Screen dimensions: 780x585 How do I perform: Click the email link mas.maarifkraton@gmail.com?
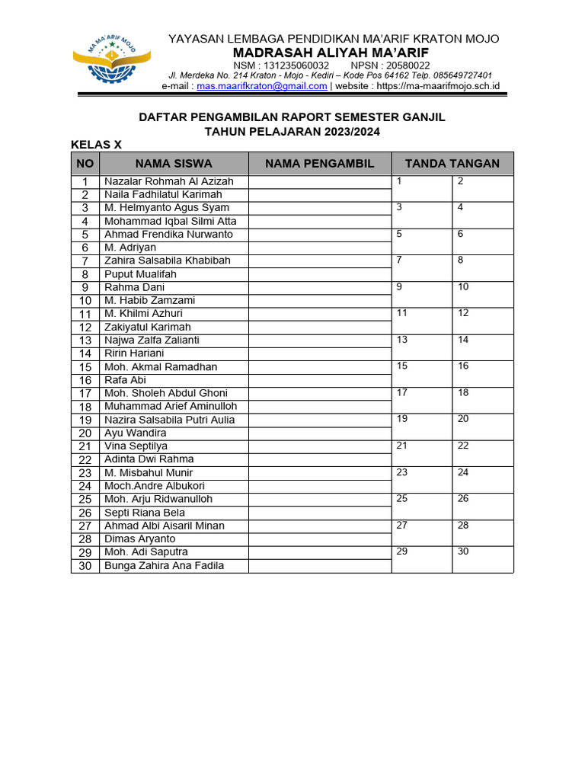pyautogui.click(x=261, y=86)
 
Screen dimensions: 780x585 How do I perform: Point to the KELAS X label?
pyautogui.click(x=96, y=145)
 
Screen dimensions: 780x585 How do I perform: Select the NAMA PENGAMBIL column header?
pyautogui.click(x=320, y=163)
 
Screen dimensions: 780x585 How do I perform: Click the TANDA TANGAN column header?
pyautogui.click(x=452, y=163)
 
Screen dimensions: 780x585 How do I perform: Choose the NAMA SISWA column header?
pyautogui.click(x=174, y=163)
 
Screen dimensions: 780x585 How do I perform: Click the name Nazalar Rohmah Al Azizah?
pyautogui.click(x=169, y=181)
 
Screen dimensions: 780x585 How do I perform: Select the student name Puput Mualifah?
pyautogui.click(x=140, y=274)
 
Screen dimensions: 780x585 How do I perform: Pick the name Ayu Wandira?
pyautogui.click(x=135, y=433)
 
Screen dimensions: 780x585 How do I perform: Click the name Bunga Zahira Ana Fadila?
pyautogui.click(x=165, y=565)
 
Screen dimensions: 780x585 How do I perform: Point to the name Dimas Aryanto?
pyautogui.click(x=139, y=539)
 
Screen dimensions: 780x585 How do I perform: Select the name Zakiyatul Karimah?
pyautogui.click(x=148, y=327)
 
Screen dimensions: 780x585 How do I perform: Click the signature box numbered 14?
pyautogui.click(x=482, y=347)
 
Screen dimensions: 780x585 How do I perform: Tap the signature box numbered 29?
pyautogui.click(x=422, y=558)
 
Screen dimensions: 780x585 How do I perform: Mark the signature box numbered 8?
pyautogui.click(x=482, y=267)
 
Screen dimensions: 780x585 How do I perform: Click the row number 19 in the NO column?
pyautogui.click(x=85, y=420)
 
